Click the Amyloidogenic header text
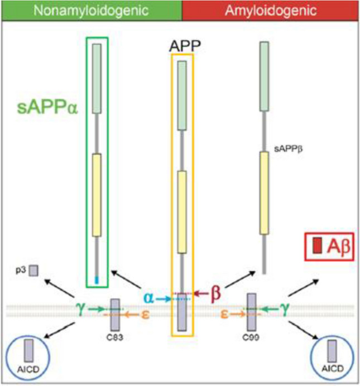pos(271,11)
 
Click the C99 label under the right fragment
pos(251,337)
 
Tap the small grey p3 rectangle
pos(33,270)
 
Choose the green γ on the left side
pos(81,307)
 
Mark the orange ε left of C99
pos(224,314)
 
